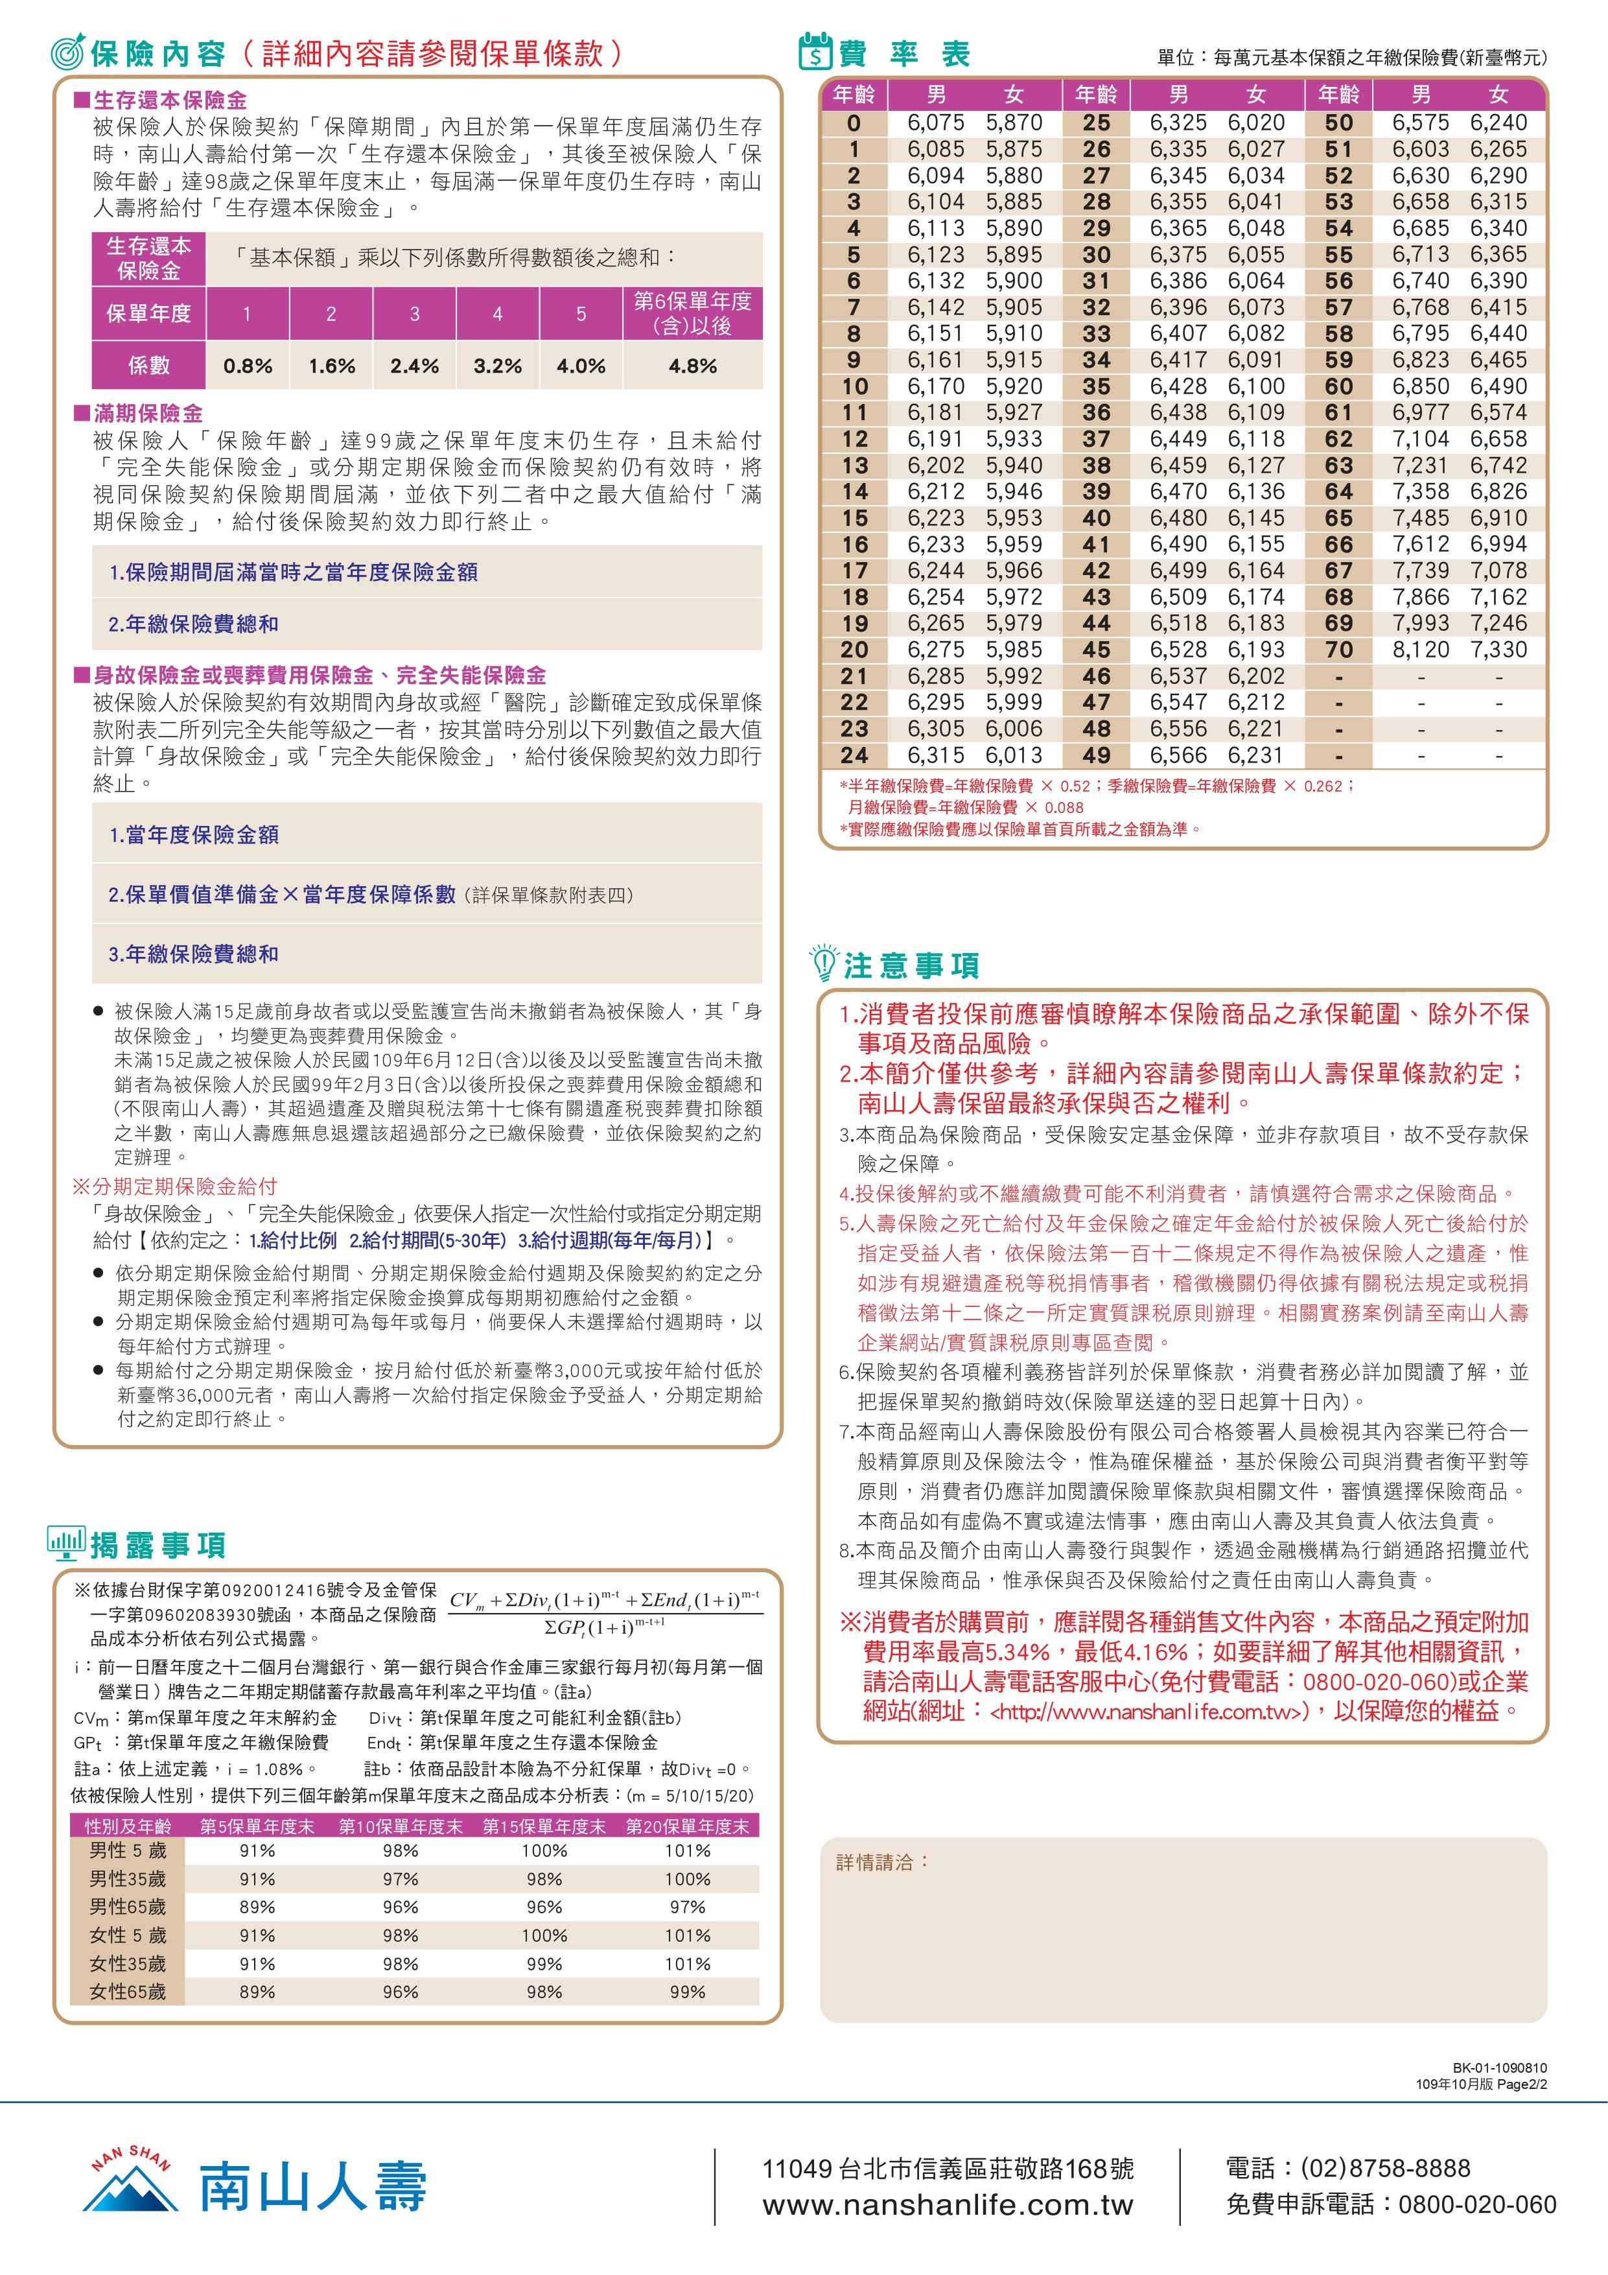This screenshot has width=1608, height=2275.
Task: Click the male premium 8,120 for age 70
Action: pos(1420,650)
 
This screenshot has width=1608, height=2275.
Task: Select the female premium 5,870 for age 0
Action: pos(1014,123)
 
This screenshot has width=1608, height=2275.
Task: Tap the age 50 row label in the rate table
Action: pos(1338,123)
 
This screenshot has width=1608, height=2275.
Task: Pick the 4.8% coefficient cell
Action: pos(693,366)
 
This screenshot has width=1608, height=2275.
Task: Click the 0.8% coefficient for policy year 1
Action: pos(248,366)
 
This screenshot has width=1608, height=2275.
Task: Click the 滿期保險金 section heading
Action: pos(148,413)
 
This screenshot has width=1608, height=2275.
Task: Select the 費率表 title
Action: pos(903,54)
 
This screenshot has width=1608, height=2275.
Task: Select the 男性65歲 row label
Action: pos(128,1906)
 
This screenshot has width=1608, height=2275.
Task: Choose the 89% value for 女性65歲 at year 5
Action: pos(257,1990)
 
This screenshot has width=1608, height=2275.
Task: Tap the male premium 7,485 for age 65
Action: pos(1420,518)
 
